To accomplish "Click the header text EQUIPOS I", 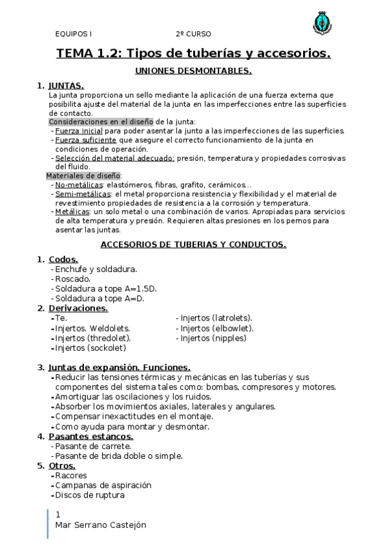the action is [73, 34].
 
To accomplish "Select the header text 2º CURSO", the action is [193, 34].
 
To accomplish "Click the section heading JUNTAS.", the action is [66, 85].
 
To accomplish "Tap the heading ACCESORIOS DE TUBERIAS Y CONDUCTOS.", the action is [194, 244].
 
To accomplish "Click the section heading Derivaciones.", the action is [78, 308].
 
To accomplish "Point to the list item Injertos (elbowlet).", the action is [217, 328].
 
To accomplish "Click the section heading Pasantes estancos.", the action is [91, 436].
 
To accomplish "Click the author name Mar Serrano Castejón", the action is [101, 525].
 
